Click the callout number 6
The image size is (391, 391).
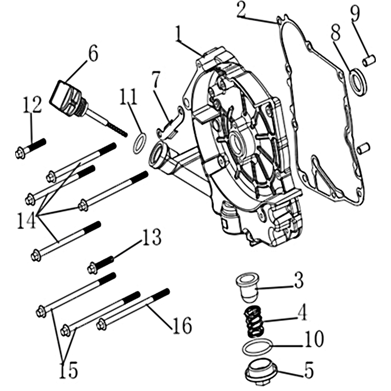[93, 53]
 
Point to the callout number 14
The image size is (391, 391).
[26, 221]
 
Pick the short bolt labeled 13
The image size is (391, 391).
[101, 265]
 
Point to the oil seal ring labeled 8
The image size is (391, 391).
[359, 82]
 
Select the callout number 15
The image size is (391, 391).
[68, 370]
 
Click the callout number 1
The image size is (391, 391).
[178, 34]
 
